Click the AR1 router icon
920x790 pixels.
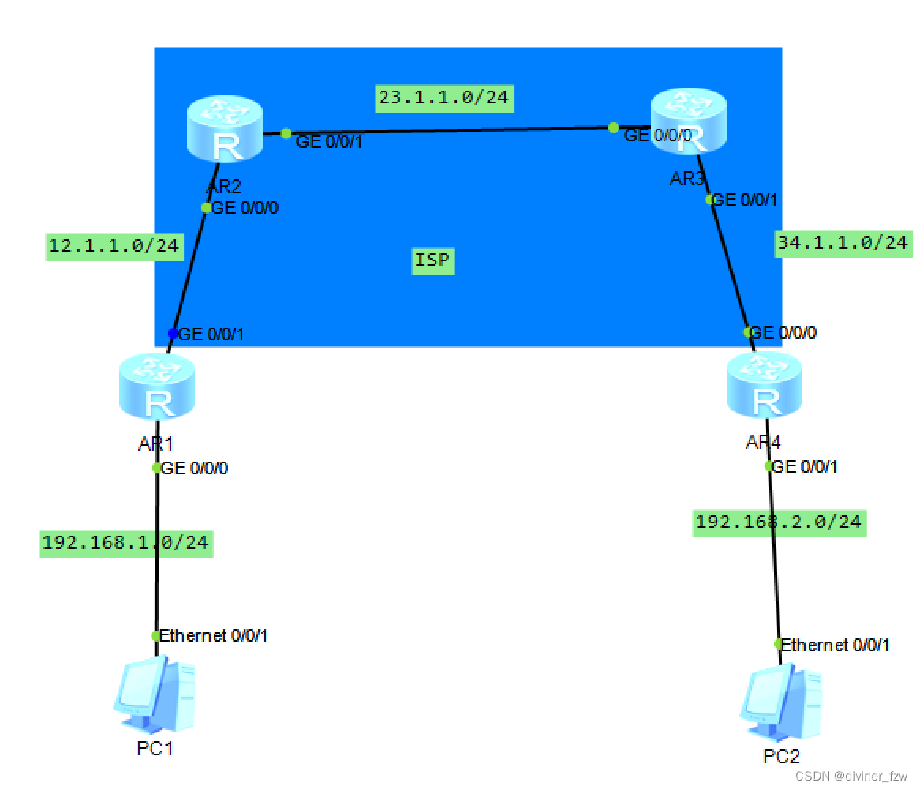click(x=157, y=387)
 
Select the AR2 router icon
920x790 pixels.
click(x=225, y=127)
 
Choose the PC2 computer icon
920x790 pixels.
click(x=781, y=703)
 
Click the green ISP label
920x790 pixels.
click(x=433, y=260)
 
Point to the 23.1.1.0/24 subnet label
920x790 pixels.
click(x=444, y=98)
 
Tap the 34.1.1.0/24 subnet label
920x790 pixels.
click(x=843, y=242)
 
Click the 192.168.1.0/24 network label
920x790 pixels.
click(x=125, y=542)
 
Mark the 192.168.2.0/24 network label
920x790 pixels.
click(x=779, y=522)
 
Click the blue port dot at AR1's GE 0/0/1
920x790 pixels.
click(x=173, y=333)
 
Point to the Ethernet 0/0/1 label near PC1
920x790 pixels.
click(x=214, y=635)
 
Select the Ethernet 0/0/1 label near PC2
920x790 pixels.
click(x=836, y=645)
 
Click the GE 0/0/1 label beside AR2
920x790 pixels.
click(x=328, y=141)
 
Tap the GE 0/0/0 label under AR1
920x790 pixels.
click(x=194, y=468)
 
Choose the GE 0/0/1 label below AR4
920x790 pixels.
click(x=804, y=466)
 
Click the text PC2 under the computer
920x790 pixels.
click(x=781, y=756)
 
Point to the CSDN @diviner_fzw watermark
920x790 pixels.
click(x=851, y=776)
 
